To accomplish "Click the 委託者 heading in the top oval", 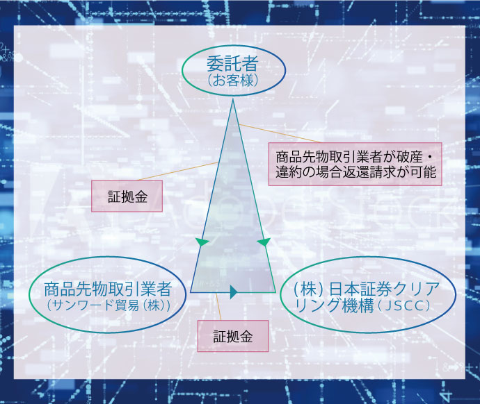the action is click(232, 63).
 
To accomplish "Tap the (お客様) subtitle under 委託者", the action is click(232, 81).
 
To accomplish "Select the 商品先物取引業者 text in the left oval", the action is click(108, 289).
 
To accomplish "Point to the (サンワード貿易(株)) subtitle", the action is click(109, 305).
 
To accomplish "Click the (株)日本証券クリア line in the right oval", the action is click(367, 289).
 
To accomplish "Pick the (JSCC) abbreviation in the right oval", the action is click(404, 305).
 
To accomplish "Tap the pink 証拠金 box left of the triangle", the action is click(127, 196).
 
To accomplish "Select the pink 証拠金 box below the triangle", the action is click(233, 336).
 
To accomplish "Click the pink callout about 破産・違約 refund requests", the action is click(355, 164).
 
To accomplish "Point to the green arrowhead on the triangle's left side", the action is click(202, 242).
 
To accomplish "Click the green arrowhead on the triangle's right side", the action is click(264, 242).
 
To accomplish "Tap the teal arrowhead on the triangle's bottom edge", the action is click(234, 292).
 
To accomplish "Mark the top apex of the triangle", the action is click(232, 99).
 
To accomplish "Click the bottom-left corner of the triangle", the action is click(191, 292).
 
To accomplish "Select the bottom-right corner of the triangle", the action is click(275, 292).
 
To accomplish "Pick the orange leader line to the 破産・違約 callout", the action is click(280, 133).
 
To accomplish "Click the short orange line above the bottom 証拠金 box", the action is click(218, 307).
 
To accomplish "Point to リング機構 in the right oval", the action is click(335, 305).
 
